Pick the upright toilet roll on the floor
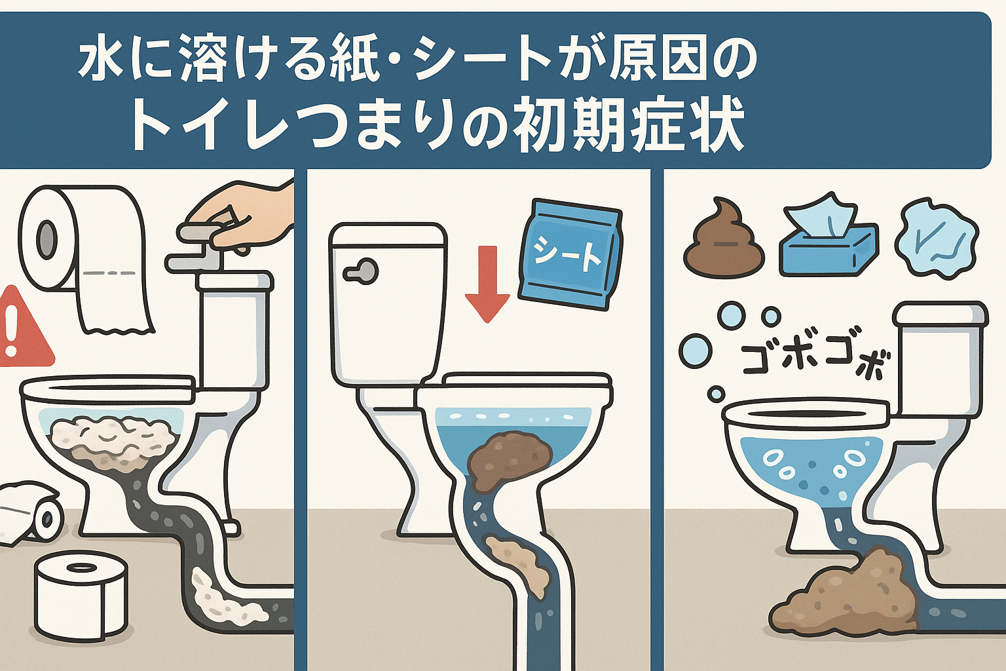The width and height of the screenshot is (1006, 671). click(x=80, y=596)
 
